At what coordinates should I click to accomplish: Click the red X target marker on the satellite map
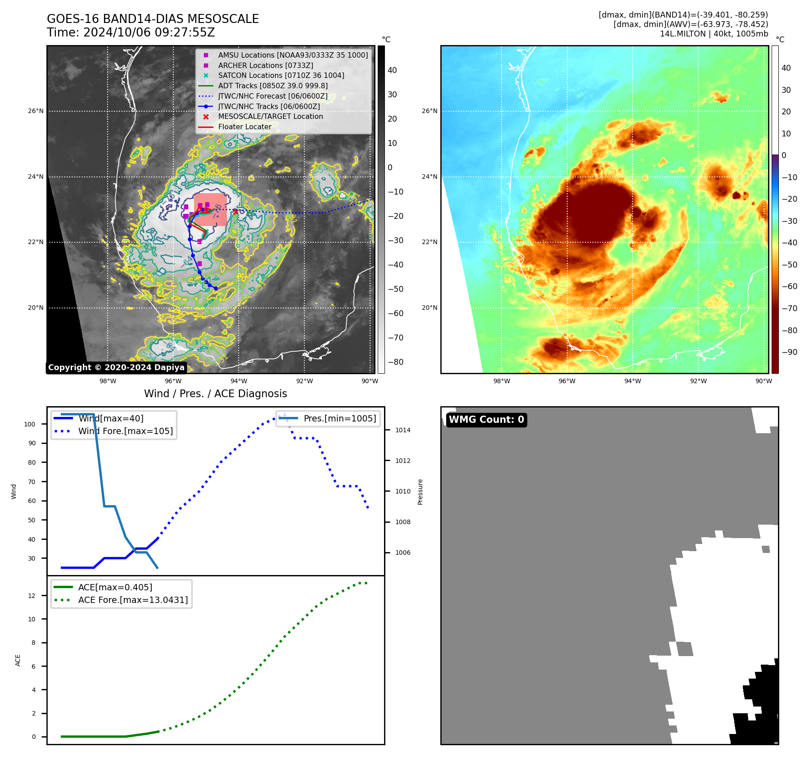(x=235, y=211)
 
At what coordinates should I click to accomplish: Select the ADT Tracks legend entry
(x=273, y=86)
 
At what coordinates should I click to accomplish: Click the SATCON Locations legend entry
(x=281, y=75)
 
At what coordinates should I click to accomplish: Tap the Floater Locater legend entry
(x=244, y=127)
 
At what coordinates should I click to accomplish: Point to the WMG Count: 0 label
(x=486, y=420)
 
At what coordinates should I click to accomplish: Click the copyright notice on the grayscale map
(x=116, y=367)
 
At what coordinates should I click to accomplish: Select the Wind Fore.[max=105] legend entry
(x=125, y=431)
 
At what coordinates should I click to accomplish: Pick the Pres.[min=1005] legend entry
(x=339, y=418)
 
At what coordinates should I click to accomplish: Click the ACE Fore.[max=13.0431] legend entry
(x=133, y=600)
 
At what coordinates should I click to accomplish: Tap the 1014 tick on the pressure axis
(x=403, y=430)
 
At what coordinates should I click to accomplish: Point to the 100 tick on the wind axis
(x=30, y=424)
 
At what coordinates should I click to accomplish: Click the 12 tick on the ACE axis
(x=32, y=596)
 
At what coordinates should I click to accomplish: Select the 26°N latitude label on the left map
(x=36, y=111)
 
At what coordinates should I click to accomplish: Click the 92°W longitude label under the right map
(x=698, y=381)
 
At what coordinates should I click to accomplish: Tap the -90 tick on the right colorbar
(x=790, y=352)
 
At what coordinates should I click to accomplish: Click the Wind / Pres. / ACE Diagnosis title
(x=215, y=394)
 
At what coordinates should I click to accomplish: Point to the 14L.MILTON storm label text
(x=714, y=34)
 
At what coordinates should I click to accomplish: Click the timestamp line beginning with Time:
(x=131, y=32)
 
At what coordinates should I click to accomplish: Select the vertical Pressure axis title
(x=420, y=492)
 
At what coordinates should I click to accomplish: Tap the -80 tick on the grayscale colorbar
(x=396, y=362)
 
